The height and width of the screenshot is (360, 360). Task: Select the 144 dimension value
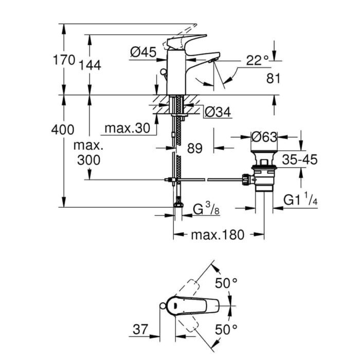[x=90, y=65]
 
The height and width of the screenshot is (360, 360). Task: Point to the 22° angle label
[x=257, y=61]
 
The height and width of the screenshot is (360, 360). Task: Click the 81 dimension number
[x=274, y=79]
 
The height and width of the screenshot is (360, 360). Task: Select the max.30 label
[x=127, y=127]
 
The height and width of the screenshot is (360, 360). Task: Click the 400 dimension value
[x=63, y=130]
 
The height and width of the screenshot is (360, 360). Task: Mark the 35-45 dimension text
[x=299, y=159]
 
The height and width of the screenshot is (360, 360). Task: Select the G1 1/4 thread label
[x=300, y=200]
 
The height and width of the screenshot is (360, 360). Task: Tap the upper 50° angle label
[x=226, y=283]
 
